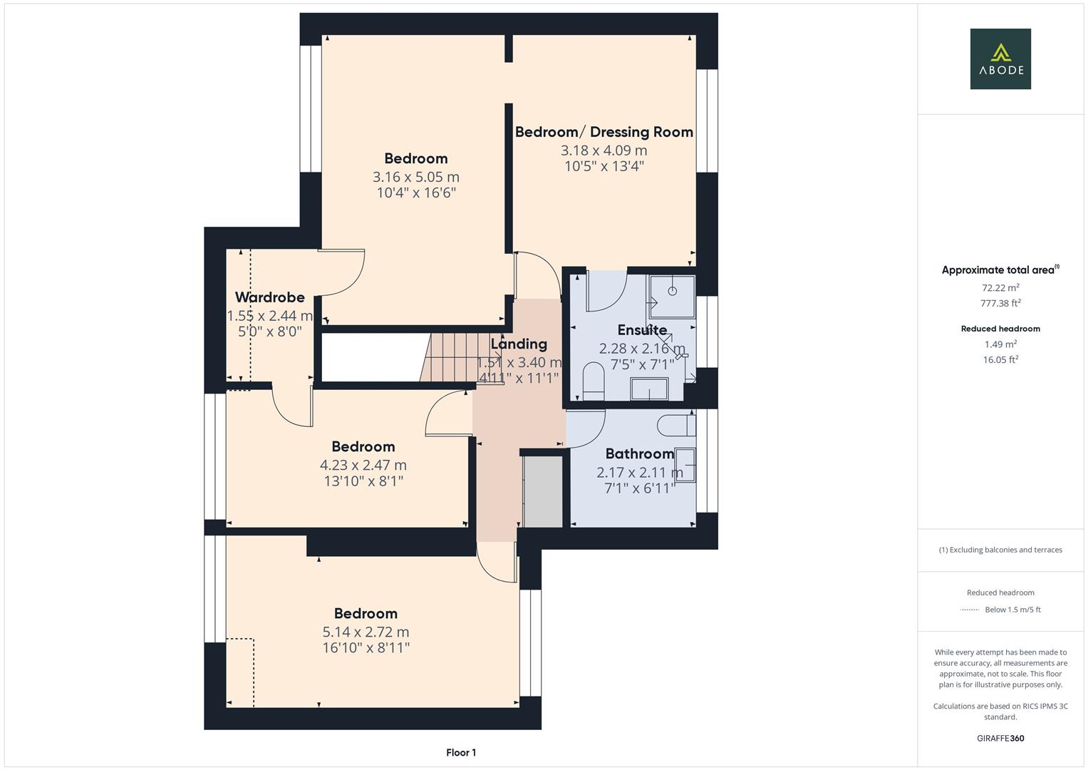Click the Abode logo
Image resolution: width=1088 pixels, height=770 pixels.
[x=1000, y=59]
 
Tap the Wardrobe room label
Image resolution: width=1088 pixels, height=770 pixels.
[x=269, y=297]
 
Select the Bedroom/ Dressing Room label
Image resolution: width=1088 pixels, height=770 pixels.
[x=603, y=132]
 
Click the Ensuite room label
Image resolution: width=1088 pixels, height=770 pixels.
[x=642, y=330]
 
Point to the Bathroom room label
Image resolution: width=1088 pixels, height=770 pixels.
[x=639, y=453]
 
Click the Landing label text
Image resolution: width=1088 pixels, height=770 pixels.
[x=519, y=344]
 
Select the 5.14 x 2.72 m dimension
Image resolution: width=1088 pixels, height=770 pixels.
[x=366, y=632]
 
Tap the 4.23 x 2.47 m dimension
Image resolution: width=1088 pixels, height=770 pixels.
[x=363, y=465]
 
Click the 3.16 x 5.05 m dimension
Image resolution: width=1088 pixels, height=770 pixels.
[x=415, y=177]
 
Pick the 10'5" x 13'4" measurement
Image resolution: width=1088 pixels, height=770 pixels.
[x=603, y=166]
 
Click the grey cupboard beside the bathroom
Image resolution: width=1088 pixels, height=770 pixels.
[x=543, y=492]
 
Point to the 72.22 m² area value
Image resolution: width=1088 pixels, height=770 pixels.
[x=1000, y=288]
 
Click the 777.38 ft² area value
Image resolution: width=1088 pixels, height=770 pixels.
[x=1000, y=303]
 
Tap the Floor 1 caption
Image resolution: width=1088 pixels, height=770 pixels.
[x=461, y=752]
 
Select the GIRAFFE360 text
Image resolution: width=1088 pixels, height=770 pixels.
[x=1000, y=738]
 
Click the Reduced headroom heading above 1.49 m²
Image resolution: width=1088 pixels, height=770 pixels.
[x=1000, y=329]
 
